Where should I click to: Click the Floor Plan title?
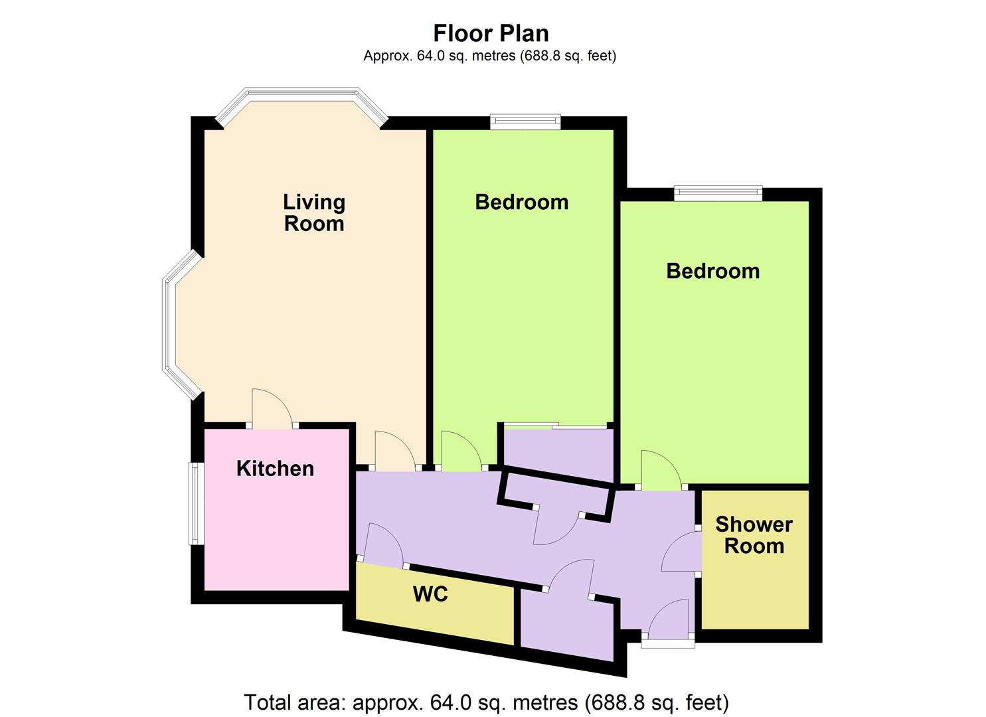tap(491, 34)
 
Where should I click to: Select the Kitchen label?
tap(275, 468)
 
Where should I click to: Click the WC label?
tap(430, 594)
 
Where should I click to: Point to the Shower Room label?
tap(754, 535)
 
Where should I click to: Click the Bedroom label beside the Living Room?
tap(522, 202)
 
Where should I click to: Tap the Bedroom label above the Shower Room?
tap(713, 271)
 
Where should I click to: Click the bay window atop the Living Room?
tap(302, 106)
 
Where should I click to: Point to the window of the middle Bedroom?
tap(526, 122)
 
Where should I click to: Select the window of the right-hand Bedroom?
tap(719, 193)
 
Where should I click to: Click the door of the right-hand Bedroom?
tap(661, 470)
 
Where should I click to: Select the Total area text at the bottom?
tap(487, 702)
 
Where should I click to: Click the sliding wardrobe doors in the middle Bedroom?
tap(555, 426)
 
